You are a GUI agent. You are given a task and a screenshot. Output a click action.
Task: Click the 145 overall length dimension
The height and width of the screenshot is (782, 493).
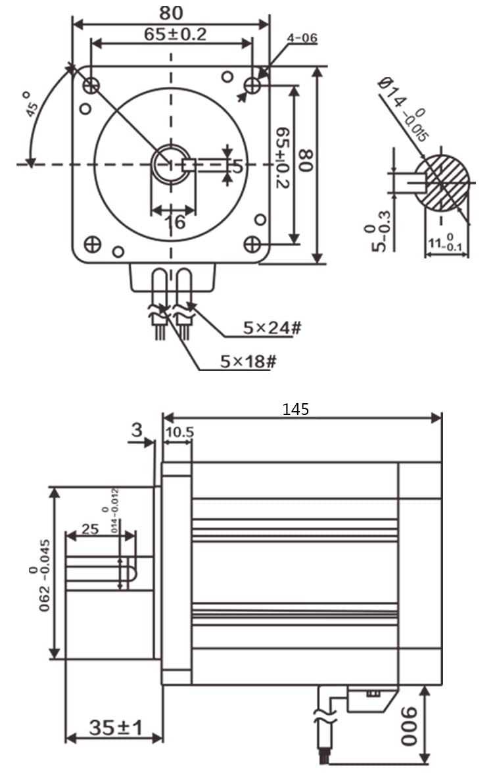[295, 409]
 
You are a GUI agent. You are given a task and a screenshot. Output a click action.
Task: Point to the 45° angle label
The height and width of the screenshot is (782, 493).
[32, 103]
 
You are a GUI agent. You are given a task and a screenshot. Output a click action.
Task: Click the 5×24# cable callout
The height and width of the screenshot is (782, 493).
[271, 327]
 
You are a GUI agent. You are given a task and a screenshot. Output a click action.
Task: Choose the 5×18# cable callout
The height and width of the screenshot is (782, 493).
[246, 361]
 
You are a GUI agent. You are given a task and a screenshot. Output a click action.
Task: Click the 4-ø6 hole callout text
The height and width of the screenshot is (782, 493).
[302, 38]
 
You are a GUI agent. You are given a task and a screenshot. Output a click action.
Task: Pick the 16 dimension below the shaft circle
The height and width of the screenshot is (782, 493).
[174, 222]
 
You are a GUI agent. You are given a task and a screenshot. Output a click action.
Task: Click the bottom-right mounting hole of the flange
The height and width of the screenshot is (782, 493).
[252, 245]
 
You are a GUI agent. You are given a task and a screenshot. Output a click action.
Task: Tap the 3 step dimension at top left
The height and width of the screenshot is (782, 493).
[136, 431]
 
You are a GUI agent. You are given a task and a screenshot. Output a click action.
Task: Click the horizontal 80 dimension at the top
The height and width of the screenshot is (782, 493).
[171, 12]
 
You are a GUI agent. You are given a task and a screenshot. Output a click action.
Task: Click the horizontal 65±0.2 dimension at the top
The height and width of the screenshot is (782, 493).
[175, 34]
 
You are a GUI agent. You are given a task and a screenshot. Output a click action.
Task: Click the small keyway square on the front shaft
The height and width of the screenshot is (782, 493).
[189, 164]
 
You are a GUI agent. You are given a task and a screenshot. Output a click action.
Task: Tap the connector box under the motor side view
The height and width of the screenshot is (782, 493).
[369, 699]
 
